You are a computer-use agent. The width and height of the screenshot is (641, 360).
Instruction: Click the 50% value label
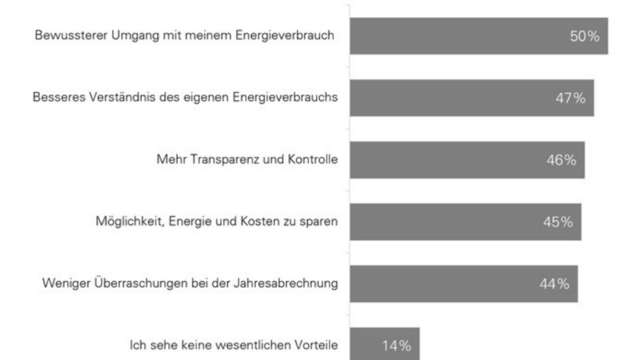[x=584, y=36]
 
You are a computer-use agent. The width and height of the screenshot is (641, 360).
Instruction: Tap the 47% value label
[x=570, y=98]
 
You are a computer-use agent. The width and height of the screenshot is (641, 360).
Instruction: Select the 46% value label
[x=561, y=160]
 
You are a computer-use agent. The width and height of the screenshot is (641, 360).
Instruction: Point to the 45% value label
[x=558, y=222]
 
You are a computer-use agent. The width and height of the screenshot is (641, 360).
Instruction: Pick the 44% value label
[x=554, y=284]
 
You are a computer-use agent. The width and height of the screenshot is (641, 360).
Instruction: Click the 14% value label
[x=395, y=346]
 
